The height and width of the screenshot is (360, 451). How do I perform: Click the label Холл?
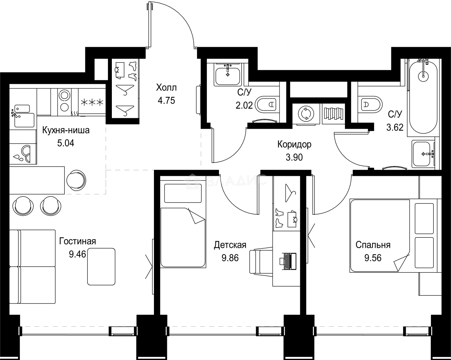pos(167,87)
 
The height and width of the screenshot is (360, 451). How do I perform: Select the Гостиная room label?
pos(78,241)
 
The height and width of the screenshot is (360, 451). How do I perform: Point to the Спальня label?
pos(373,245)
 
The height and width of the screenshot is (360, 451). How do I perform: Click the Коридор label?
pos(294,145)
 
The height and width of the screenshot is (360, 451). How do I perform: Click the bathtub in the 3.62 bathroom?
pos(423,97)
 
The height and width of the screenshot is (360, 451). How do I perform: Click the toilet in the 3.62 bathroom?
pos(370,104)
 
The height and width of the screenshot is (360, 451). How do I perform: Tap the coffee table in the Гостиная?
pos(101,266)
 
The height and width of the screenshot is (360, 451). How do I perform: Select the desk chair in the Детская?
pos(260,261)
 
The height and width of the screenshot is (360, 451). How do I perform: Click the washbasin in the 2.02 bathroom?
pos(227,76)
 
